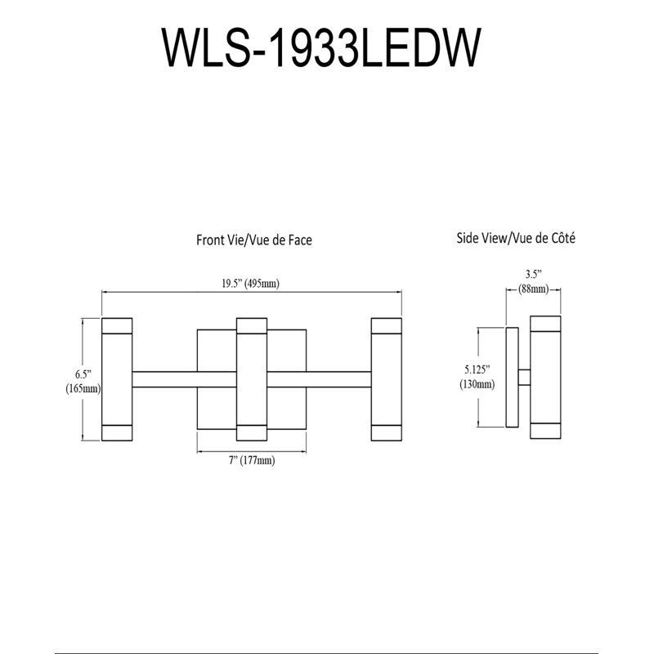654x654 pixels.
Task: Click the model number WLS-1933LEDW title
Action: pos(321,47)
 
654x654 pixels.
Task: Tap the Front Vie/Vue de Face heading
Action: pos(254,240)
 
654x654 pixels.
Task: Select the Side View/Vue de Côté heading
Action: pos(516,238)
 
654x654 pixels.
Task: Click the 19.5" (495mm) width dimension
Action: pos(250,284)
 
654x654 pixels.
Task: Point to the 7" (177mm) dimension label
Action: pos(252,460)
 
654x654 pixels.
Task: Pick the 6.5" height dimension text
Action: pos(83,374)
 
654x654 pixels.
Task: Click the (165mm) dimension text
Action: pos(83,389)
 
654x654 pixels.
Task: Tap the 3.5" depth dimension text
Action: pos(534,275)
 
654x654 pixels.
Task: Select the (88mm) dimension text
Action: pos(534,289)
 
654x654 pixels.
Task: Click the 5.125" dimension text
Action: pos(477,370)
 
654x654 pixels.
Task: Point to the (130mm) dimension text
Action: pos(477,383)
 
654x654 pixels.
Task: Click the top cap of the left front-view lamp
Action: pos(117,325)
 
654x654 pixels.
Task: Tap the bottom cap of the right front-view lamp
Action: pos(387,433)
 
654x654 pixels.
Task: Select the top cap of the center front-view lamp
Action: pos(252,325)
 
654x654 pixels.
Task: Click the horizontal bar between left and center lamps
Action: pos(185,379)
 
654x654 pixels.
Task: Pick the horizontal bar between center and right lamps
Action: pos(319,379)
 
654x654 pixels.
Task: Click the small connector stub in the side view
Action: pos(524,377)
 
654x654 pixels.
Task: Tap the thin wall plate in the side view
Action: pos(513,377)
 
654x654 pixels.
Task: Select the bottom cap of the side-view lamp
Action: pos(545,431)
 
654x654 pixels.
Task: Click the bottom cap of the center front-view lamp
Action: pos(252,433)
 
